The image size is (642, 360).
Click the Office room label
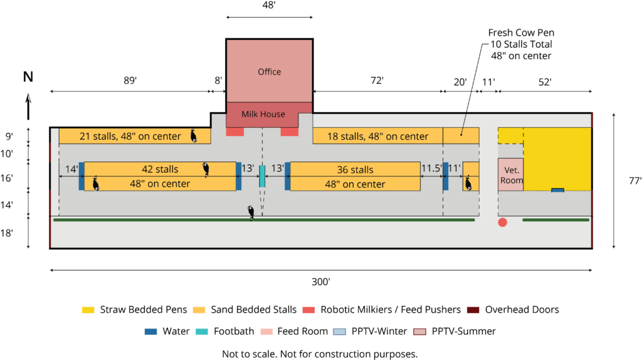(x=269, y=72)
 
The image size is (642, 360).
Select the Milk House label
(x=263, y=114)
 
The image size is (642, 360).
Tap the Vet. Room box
(x=511, y=175)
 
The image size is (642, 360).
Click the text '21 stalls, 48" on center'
(x=130, y=136)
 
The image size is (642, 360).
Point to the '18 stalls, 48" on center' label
(x=377, y=136)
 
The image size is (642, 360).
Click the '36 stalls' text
(x=355, y=169)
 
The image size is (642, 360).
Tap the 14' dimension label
(x=71, y=169)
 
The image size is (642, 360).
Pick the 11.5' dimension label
(x=431, y=169)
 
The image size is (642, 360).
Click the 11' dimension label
(x=454, y=169)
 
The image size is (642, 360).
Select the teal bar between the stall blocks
(x=262, y=176)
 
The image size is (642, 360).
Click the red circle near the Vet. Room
(x=502, y=222)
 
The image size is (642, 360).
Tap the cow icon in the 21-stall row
(x=194, y=136)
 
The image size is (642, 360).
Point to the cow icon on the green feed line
(x=251, y=213)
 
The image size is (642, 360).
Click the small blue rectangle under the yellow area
(x=557, y=189)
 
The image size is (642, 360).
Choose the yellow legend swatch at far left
(x=88, y=310)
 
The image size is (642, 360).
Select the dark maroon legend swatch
(x=473, y=310)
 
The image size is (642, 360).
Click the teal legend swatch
(x=201, y=332)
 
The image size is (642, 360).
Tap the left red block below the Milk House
(x=235, y=132)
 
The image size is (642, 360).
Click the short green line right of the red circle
(x=555, y=220)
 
